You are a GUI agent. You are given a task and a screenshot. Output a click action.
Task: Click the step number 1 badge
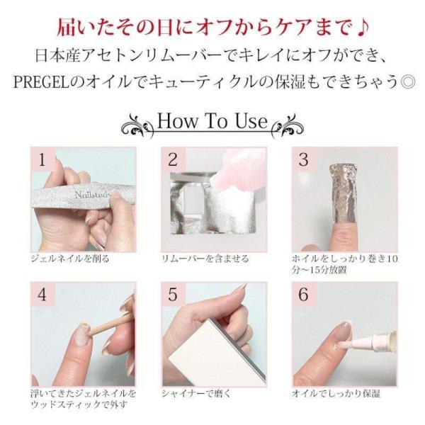[42, 161]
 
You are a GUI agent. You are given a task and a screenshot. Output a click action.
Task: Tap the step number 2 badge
[173, 161]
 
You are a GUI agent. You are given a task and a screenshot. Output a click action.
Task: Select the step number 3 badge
[304, 161]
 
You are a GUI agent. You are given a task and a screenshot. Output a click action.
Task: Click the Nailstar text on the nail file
[91, 195]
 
